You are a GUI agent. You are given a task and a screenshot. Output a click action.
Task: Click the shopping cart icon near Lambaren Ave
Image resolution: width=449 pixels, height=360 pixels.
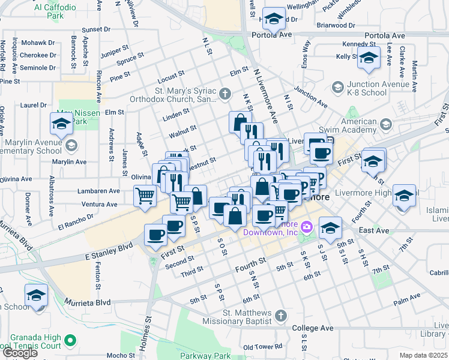coord(145,196)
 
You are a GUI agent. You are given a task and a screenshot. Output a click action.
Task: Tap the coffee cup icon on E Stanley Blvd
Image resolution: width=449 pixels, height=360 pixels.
coord(156,235)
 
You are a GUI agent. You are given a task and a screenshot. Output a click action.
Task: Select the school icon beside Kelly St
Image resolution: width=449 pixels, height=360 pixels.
coord(369,59)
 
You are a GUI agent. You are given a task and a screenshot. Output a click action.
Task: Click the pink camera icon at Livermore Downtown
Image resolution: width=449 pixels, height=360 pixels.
coord(307,227)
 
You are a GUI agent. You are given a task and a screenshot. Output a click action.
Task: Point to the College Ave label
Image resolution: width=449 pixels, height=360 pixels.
coord(312,328)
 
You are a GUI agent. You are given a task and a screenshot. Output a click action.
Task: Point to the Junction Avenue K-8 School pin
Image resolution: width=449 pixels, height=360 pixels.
coord(339,88)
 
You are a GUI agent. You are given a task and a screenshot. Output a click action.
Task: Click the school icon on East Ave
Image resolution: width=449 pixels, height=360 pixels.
coord(330,227)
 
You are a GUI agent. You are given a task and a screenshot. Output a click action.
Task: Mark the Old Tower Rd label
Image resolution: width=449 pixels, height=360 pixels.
coord(263,347)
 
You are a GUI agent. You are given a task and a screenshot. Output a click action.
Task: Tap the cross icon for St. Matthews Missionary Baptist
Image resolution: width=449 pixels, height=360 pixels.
coord(280,315)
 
